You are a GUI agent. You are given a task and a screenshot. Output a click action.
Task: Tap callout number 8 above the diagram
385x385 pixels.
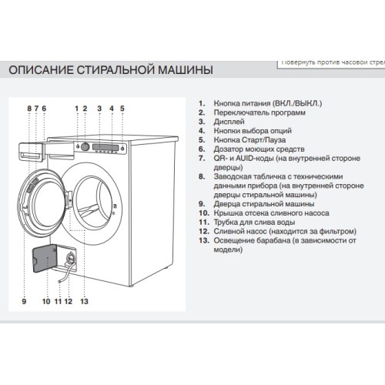pos(28,109)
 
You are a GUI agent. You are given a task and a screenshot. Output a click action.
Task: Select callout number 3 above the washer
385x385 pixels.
pos(99,109)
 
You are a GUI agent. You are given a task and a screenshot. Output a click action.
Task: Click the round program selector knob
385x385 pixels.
pos(85,146)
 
